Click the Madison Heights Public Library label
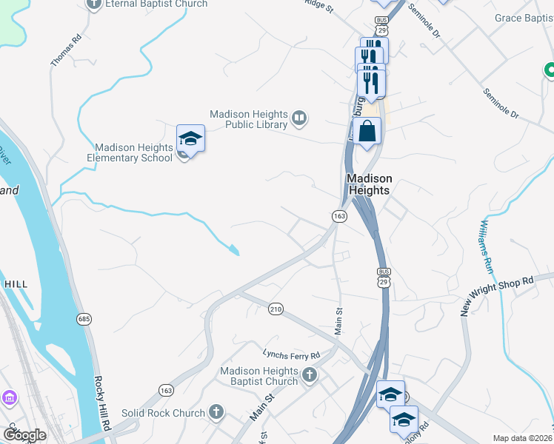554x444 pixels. coord(248,119)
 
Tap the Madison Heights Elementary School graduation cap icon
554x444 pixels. coord(190,138)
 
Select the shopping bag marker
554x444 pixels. coord(367,132)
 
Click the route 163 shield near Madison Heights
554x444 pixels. coord(339,216)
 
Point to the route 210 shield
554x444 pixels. coord(276,308)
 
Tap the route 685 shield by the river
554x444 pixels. coord(84,318)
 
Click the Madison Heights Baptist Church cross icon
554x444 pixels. coord(310,375)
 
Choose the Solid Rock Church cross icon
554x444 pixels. coord(216,411)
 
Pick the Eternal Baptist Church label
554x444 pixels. coord(145,4)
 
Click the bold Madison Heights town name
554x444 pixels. coord(369,184)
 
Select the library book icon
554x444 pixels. coord(299,117)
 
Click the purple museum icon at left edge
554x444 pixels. coord(8,399)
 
